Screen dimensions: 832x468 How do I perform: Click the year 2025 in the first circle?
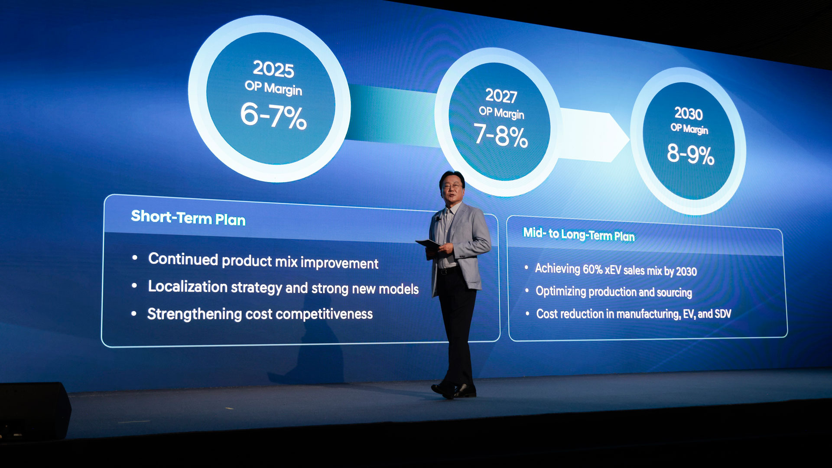point(273,69)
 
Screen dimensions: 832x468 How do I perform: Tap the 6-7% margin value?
point(274,116)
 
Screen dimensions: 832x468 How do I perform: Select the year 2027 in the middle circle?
point(501,96)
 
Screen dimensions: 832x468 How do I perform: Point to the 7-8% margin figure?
point(501,135)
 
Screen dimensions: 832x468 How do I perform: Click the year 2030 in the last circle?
point(689,114)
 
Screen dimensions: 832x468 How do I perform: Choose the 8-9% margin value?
point(691,154)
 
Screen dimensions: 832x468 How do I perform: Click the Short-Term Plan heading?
point(188,218)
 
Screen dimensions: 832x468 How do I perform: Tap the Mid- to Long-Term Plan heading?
point(579,234)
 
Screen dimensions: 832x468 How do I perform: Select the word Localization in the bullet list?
point(188,287)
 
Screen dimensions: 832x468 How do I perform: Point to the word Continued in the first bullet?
point(183,259)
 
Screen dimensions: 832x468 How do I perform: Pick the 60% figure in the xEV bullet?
point(592,270)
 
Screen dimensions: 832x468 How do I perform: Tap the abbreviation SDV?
point(722,314)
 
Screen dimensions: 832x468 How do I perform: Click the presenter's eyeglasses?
point(451,186)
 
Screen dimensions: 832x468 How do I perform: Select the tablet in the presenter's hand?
point(428,244)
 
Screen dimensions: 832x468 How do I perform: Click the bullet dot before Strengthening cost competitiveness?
point(134,313)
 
